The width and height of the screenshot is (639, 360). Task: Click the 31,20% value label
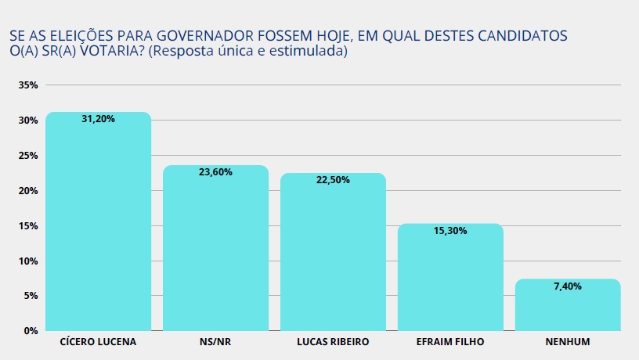[99, 119]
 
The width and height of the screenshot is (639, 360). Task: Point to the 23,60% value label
[215, 172]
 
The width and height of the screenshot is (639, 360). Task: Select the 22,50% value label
[333, 180]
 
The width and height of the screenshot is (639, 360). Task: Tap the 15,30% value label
[450, 231]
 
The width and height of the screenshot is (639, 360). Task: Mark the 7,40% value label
[568, 286]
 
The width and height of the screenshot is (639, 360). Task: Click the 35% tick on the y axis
[28, 85]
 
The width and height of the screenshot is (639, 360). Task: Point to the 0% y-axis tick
[31, 331]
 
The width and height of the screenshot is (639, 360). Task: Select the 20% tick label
[28, 191]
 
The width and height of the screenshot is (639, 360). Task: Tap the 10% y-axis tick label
[28, 261]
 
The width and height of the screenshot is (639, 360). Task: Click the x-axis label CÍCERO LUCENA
[98, 343]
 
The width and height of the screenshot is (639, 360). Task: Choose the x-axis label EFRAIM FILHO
[450, 343]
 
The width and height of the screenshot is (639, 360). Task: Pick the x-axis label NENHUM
[568, 343]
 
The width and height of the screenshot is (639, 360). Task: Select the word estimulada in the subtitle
[309, 52]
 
